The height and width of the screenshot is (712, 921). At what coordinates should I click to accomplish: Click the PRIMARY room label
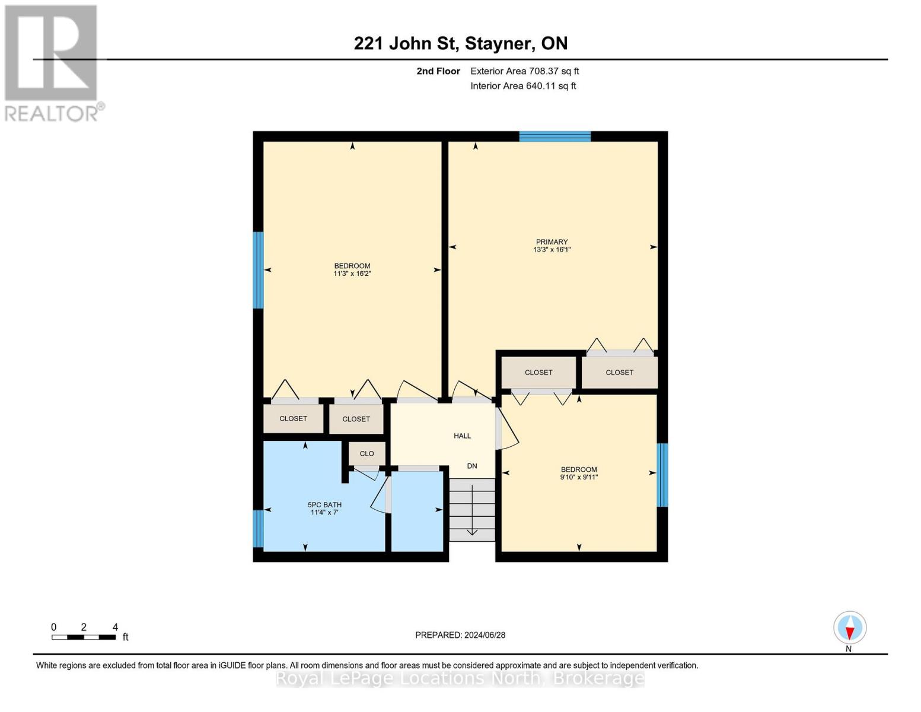pyautogui.click(x=552, y=241)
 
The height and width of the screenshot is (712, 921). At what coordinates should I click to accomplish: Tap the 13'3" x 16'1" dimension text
pyautogui.click(x=552, y=250)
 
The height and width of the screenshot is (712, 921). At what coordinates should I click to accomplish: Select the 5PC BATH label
pyautogui.click(x=324, y=505)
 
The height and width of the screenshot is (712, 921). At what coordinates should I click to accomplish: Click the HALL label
pyautogui.click(x=462, y=436)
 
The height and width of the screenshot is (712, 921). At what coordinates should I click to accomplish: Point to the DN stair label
pyautogui.click(x=472, y=466)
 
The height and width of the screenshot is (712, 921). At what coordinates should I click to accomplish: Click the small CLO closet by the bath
pyautogui.click(x=367, y=453)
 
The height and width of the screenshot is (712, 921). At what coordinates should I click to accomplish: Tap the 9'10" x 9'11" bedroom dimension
pyautogui.click(x=579, y=477)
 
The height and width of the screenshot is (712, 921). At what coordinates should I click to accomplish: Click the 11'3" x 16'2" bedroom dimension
pyautogui.click(x=352, y=274)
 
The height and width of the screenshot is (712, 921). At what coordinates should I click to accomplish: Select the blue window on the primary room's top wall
pyautogui.click(x=554, y=136)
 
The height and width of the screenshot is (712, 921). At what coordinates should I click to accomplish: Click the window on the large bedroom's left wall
pyautogui.click(x=258, y=270)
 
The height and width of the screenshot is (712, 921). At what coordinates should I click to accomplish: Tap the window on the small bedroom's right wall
pyautogui.click(x=662, y=475)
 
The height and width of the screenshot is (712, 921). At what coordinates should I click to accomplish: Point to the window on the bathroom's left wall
pyautogui.click(x=258, y=528)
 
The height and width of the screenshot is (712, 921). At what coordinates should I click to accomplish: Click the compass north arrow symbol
pyautogui.click(x=850, y=628)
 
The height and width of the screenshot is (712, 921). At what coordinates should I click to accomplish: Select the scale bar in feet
pyautogui.click(x=84, y=637)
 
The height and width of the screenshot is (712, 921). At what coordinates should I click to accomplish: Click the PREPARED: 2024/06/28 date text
pyautogui.click(x=460, y=635)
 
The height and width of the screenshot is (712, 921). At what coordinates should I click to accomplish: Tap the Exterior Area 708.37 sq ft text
pyautogui.click(x=524, y=71)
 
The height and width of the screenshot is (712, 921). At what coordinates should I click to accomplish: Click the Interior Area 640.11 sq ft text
pyautogui.click(x=523, y=86)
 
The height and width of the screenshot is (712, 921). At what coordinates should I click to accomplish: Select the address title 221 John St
pyautogui.click(x=460, y=43)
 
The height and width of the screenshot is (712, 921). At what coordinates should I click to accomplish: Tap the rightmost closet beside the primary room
pyautogui.click(x=619, y=373)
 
